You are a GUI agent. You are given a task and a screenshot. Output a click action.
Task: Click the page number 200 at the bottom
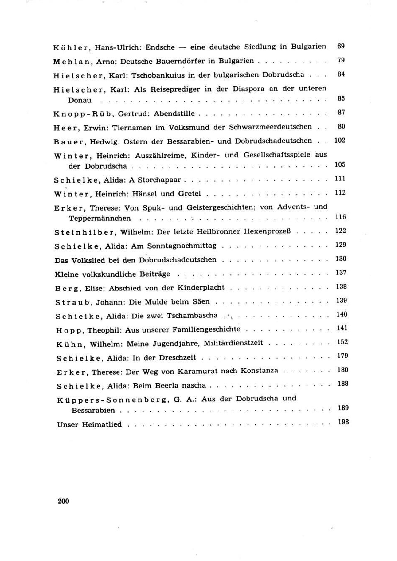[63, 501]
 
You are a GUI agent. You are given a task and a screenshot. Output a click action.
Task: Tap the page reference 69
[341, 46]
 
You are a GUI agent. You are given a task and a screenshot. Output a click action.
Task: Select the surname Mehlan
[71, 62]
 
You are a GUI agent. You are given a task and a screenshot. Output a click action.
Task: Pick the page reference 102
[340, 140]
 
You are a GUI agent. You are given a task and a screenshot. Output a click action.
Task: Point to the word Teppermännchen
[100, 218]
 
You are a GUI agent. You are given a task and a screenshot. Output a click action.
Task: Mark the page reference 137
[341, 273]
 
